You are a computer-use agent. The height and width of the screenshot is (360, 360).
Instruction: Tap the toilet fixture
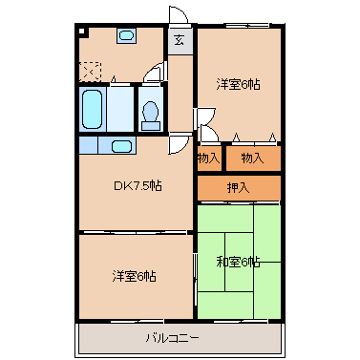tap(150, 113)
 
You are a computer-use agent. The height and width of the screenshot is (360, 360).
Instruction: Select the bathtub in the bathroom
tap(92, 109)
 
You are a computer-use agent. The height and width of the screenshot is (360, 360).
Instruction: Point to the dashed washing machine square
tap(90, 70)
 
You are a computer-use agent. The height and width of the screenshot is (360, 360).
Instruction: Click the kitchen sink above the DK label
tap(120, 146)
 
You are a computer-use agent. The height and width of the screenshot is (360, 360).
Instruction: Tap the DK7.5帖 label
tap(138, 185)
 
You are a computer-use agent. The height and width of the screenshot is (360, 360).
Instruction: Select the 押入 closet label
tap(239, 188)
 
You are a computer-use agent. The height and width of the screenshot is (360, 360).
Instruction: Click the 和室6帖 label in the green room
tap(239, 262)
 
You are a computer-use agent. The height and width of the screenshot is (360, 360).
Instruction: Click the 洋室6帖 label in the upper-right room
tap(239, 84)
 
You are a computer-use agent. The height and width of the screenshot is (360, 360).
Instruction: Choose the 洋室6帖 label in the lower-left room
tap(135, 276)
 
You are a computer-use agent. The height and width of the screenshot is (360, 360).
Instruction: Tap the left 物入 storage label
tap(209, 158)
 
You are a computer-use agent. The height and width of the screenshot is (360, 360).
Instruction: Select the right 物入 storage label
tap(253, 158)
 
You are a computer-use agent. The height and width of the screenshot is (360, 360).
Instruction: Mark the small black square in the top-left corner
tap(84, 32)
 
